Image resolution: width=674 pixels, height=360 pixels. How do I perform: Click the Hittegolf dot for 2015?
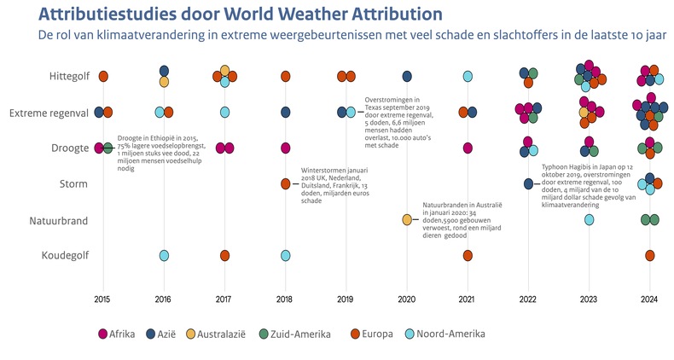click(x=103, y=77)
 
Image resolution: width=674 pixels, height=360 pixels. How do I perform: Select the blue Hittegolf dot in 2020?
click(x=407, y=77)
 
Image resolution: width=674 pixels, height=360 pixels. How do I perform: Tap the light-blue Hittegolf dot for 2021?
click(x=468, y=77)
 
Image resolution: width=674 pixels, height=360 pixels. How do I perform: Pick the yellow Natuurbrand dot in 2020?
click(x=407, y=220)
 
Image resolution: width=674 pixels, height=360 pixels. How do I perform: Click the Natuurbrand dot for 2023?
click(x=589, y=220)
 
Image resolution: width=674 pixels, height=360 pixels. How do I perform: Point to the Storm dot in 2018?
click(x=286, y=183)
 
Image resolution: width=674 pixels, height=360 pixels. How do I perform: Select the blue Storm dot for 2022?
click(x=528, y=183)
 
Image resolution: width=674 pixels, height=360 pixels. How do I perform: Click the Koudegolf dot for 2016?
click(x=164, y=255)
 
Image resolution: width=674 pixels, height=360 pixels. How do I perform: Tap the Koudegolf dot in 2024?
click(x=649, y=255)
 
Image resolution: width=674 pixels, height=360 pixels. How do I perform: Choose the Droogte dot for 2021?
click(x=468, y=148)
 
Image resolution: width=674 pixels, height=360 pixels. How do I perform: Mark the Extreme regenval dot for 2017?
click(x=224, y=112)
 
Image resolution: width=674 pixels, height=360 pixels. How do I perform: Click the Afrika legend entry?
click(x=117, y=334)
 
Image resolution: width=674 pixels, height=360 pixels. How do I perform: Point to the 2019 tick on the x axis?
click(x=346, y=299)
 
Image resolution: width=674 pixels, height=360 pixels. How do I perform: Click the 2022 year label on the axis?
click(x=528, y=299)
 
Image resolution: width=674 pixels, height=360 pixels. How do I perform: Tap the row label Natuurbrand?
click(x=58, y=220)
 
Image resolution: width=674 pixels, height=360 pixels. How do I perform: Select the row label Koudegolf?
click(x=64, y=255)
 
